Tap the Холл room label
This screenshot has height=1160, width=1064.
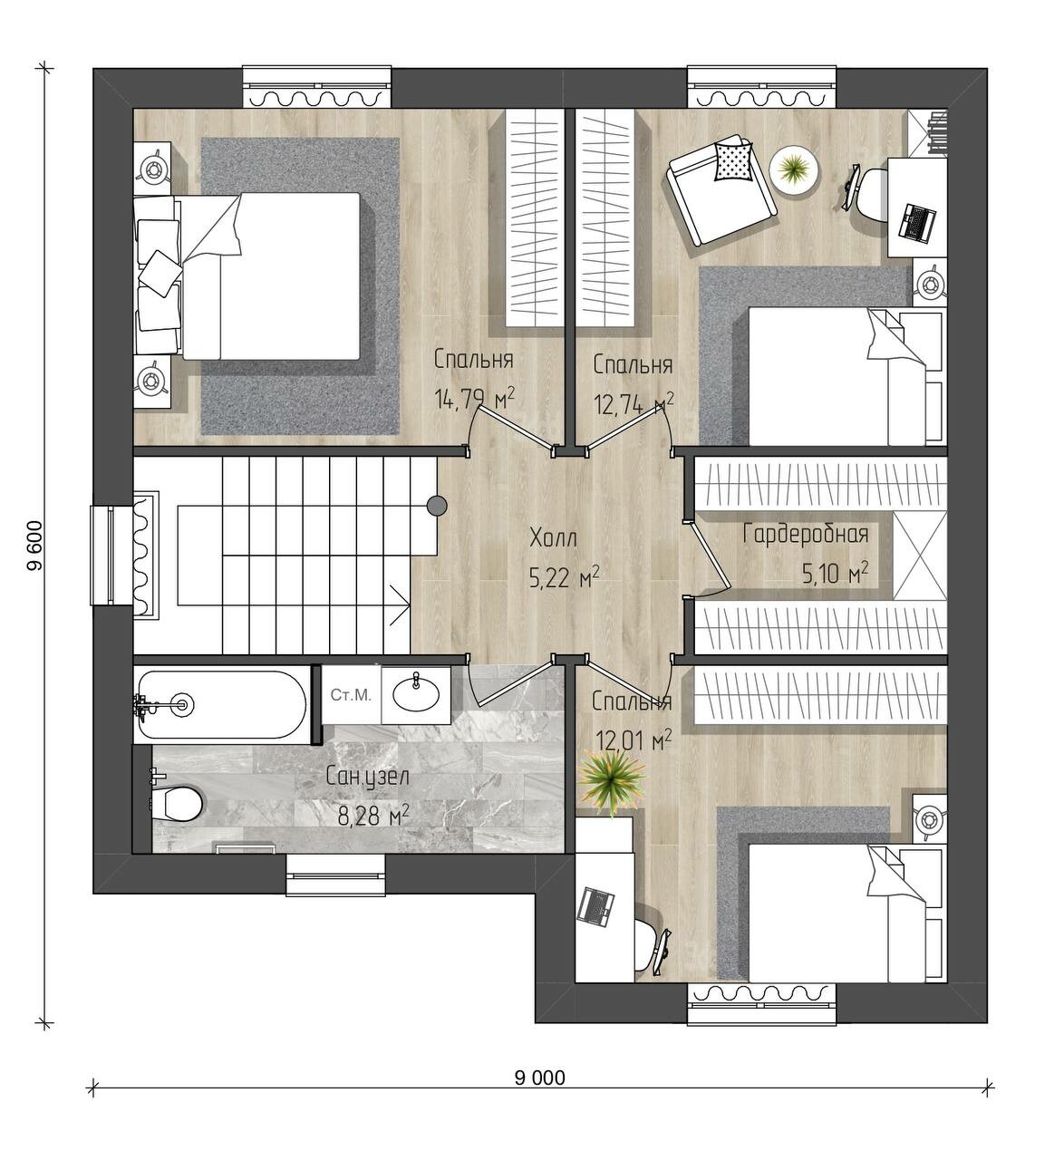tap(553, 538)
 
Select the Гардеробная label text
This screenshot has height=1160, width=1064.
tap(806, 535)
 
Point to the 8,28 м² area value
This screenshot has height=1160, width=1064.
tap(373, 817)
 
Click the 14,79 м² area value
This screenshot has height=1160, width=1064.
tap(474, 399)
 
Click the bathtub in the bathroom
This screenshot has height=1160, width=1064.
tap(222, 704)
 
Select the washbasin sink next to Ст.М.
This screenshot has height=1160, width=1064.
tap(415, 693)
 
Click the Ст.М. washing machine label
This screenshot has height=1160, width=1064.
tap(351, 695)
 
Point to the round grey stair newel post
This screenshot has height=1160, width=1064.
tap(437, 506)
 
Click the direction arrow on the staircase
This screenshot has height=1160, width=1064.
tap(401, 604)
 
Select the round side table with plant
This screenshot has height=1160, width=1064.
tap(794, 169)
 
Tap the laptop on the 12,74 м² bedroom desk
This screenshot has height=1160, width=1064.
tap(916, 221)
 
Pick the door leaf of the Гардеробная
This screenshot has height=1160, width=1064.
tap(710, 556)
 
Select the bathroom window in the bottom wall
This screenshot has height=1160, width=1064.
tap(335, 876)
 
